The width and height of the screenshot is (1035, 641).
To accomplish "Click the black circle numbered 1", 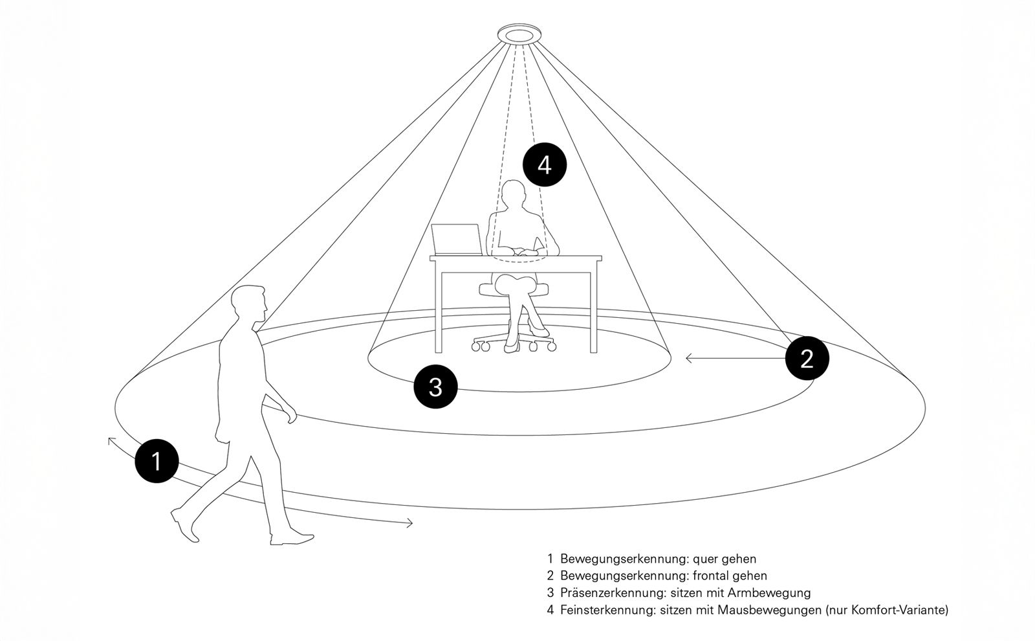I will click(x=157, y=462).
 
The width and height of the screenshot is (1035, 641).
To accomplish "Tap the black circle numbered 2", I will click(x=807, y=358).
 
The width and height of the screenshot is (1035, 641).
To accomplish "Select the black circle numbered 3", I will click(x=436, y=387).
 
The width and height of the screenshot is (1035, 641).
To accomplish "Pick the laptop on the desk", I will click(x=457, y=240).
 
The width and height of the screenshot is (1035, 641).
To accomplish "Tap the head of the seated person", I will click(x=514, y=195).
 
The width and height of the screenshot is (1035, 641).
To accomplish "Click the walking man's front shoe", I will click(x=292, y=537).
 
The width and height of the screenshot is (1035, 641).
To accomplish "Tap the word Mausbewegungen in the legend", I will click(x=768, y=610).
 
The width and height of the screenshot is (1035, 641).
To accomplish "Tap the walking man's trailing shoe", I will click(x=184, y=525).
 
